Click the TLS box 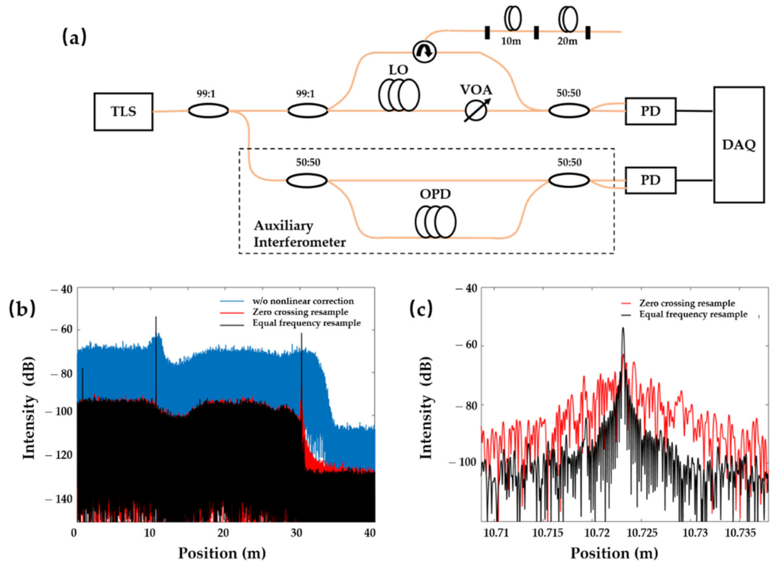(123, 112)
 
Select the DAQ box (738, 145)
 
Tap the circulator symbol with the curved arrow (424, 51)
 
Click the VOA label (476, 90)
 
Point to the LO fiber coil (399, 95)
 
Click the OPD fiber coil (435, 222)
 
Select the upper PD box (650, 111)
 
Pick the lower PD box (650, 180)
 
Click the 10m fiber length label (511, 42)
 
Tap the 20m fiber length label (567, 42)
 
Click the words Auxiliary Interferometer (299, 234)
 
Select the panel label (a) (74, 37)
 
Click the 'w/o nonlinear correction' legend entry (303, 301)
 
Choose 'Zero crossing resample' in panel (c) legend (687, 303)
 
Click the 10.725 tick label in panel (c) (642, 533)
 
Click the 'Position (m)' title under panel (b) (222, 553)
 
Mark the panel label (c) (421, 309)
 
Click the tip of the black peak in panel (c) (623, 328)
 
